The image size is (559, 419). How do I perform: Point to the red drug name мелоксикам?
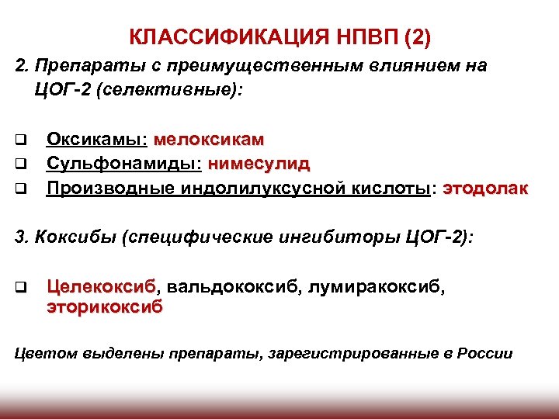pyautogui.click(x=209, y=140)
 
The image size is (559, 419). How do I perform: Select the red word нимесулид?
pyautogui.click(x=259, y=164)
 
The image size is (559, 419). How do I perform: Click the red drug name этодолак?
pyautogui.click(x=485, y=188)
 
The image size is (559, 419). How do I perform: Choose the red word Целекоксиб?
pyautogui.click(x=101, y=288)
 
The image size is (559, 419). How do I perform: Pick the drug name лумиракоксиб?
pyautogui.click(x=377, y=288)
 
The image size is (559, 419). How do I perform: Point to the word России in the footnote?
pyautogui.click(x=484, y=353)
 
